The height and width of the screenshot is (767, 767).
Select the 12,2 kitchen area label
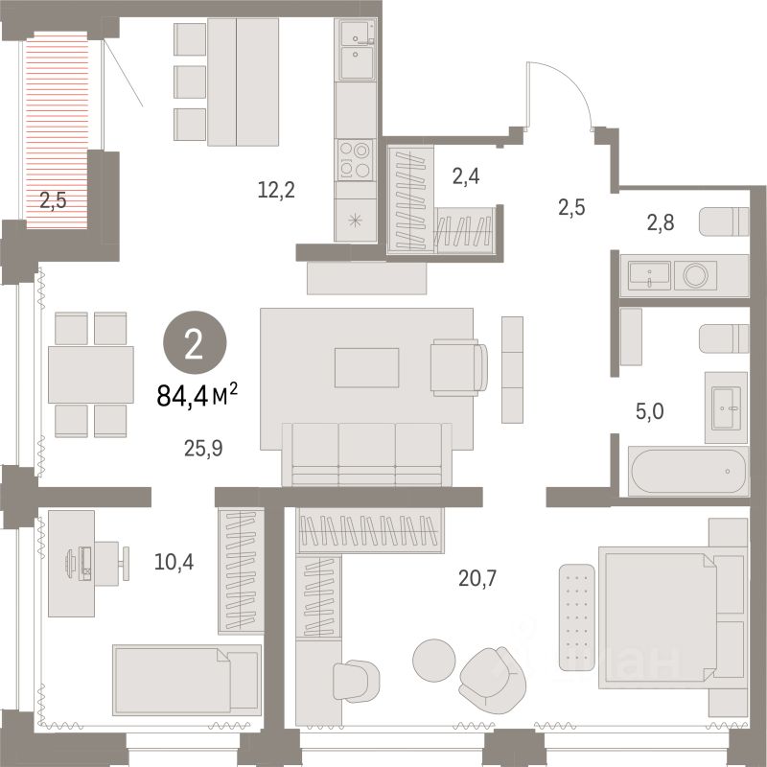tap(276, 190)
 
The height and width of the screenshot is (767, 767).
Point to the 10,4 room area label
tap(175, 562)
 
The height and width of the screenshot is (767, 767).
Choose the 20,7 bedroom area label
tap(477, 577)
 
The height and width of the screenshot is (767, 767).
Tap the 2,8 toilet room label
tap(661, 224)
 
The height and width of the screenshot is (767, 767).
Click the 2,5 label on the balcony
tap(55, 201)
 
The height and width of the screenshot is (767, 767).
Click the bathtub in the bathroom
tap(686, 471)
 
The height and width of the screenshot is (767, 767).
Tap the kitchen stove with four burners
tap(357, 159)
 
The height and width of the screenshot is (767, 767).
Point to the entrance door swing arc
tap(561, 91)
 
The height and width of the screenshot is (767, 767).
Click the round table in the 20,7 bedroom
tap(434, 657)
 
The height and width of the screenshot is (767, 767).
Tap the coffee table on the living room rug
tap(366, 366)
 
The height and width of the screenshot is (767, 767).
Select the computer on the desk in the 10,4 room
tap(82, 562)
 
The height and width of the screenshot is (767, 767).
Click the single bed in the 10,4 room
tap(187, 679)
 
